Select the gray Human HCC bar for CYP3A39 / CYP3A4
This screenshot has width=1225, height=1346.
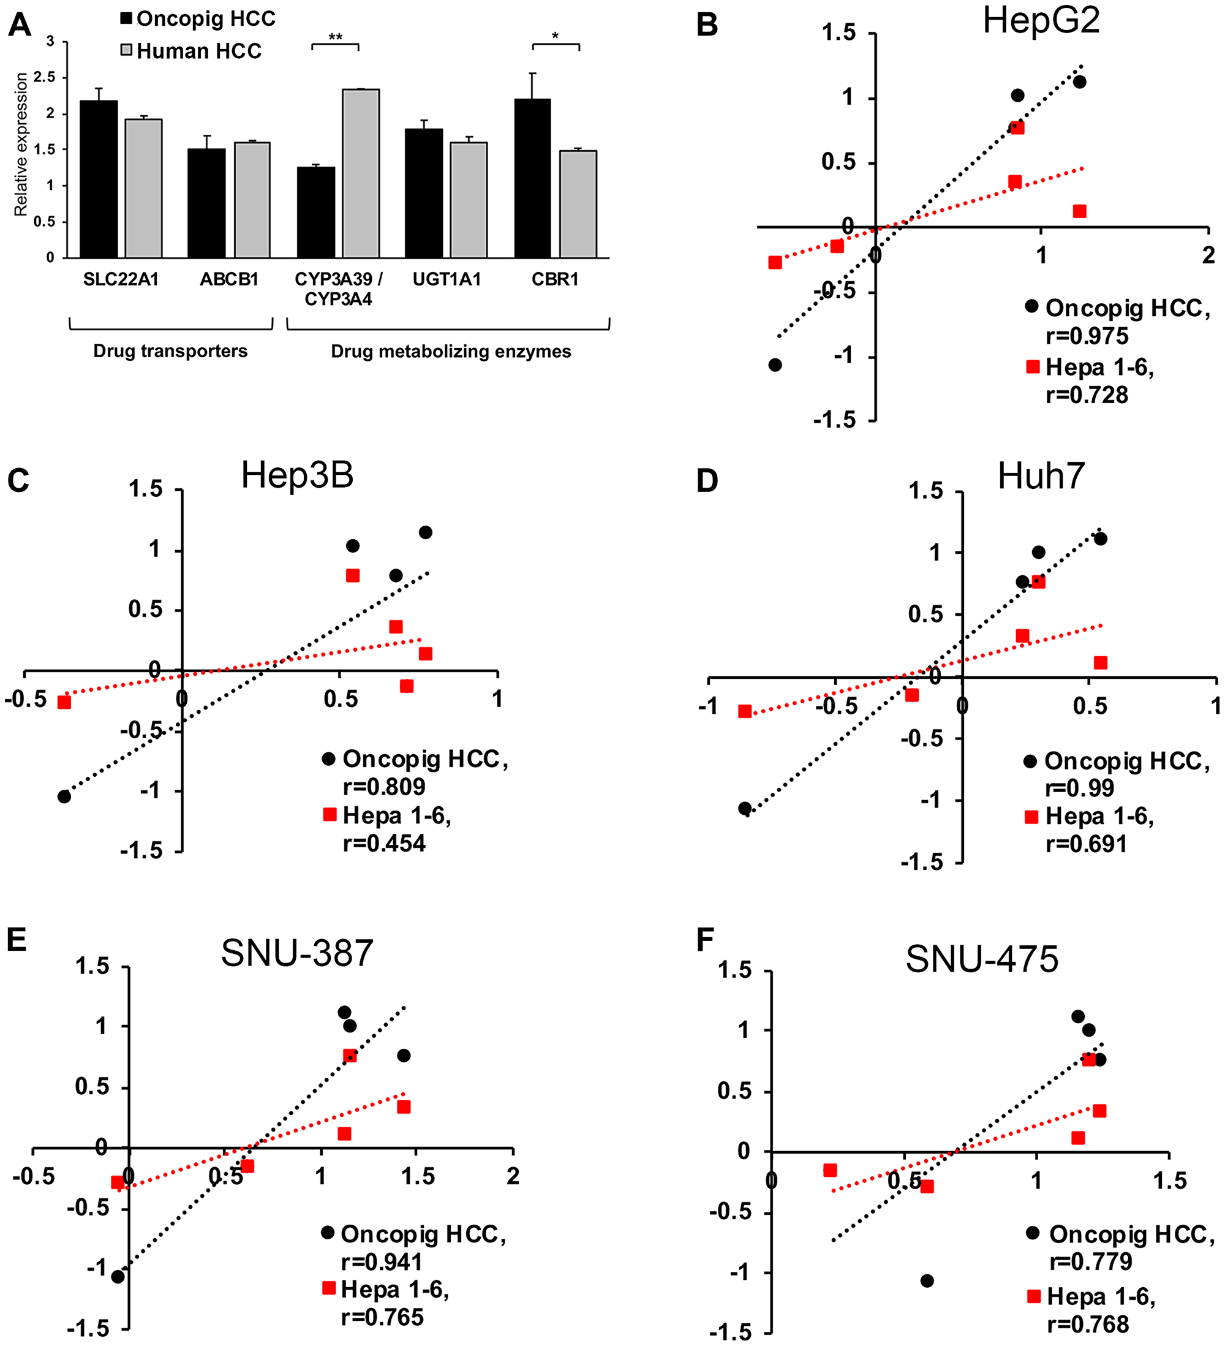coord(361,173)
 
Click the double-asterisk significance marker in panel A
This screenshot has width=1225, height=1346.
coord(335,37)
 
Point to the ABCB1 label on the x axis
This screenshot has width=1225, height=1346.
coord(229,279)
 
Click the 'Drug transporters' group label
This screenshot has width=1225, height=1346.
coord(170,351)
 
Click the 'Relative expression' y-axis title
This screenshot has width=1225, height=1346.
coord(21,144)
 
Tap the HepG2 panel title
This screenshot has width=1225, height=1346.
coord(1041,21)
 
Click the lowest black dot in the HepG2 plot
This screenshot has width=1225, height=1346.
coord(775,365)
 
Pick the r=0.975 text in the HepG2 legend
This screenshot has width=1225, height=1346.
coord(1087,336)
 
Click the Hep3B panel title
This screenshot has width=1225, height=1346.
coord(297,475)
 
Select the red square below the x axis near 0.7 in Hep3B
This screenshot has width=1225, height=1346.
coord(407,686)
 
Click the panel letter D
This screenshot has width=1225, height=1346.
coord(707,481)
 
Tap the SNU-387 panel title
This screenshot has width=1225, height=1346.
coord(297,953)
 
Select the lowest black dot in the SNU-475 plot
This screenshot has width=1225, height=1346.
coord(927,1280)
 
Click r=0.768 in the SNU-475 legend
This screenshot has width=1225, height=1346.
coord(1088,1324)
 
